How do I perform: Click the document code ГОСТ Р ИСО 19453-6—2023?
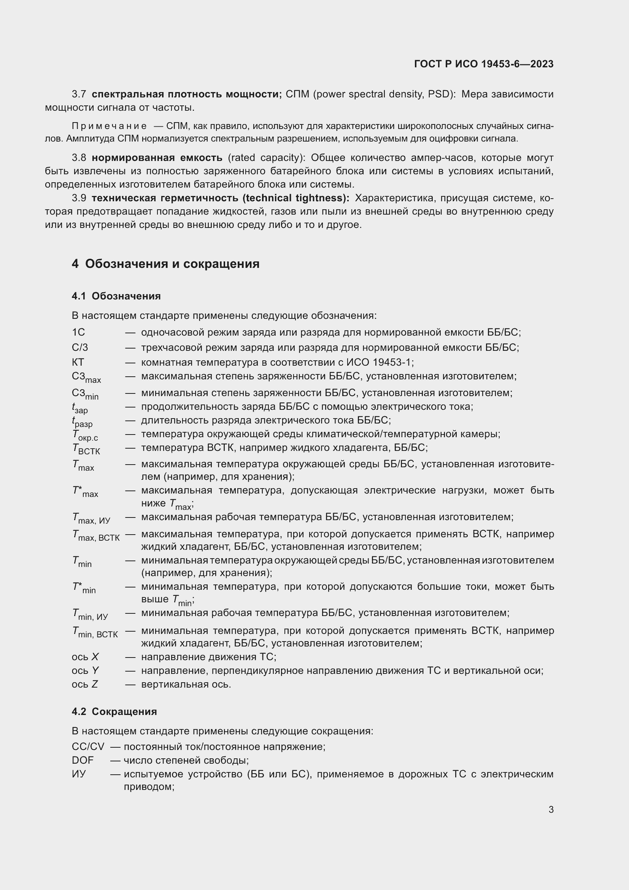(483, 64)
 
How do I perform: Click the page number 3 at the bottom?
(551, 809)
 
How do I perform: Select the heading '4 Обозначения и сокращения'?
(165, 264)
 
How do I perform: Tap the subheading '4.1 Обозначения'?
(116, 296)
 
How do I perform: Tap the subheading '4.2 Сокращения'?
(114, 712)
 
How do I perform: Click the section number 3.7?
(79, 94)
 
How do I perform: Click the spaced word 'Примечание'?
(109, 126)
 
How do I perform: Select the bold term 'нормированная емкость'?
(157, 158)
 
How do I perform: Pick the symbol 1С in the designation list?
(78, 332)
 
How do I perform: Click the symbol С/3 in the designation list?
(80, 347)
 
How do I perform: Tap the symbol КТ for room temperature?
(78, 363)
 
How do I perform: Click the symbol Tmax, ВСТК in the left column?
(96, 536)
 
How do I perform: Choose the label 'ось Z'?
(85, 685)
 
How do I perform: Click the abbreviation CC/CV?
(88, 747)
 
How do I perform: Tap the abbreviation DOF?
(83, 761)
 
